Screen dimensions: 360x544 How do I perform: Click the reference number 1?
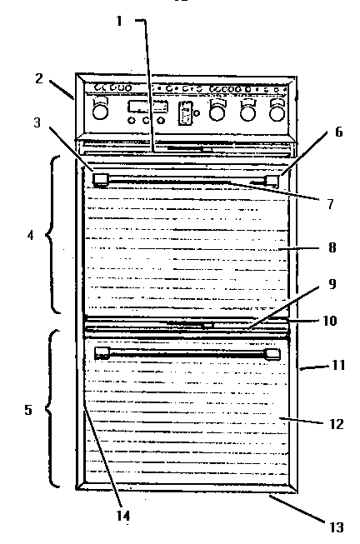click(119, 21)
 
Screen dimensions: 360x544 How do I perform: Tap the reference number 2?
click(39, 78)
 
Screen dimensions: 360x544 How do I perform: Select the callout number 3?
click(37, 122)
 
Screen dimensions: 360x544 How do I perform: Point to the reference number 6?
click(338, 132)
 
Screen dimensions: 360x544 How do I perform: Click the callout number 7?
click(330, 204)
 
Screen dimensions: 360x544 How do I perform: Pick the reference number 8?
click(332, 247)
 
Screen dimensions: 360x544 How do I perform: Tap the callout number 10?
click(329, 321)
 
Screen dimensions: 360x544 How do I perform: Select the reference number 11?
click(338, 365)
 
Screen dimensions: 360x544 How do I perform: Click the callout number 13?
click(336, 527)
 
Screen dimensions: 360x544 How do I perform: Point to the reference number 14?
click(123, 516)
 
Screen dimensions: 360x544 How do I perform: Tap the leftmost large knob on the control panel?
click(100, 111)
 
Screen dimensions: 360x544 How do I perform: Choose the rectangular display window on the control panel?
click(148, 106)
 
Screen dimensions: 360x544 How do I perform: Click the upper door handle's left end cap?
click(101, 180)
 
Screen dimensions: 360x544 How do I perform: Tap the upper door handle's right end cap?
click(272, 181)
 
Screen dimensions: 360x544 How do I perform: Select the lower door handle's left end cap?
click(102, 353)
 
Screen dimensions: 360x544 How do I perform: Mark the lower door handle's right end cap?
click(272, 354)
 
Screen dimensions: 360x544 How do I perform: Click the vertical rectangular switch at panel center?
click(185, 113)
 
